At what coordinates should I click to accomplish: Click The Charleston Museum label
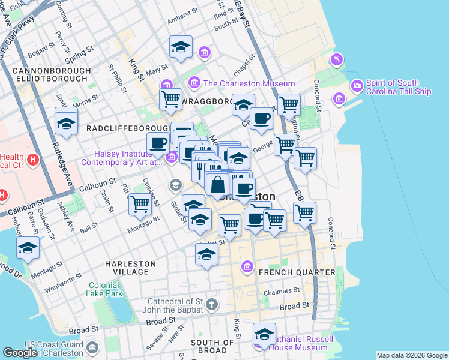tap(249, 83)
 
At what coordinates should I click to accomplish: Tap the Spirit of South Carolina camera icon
tap(357, 86)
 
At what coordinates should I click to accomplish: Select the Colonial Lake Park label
tap(106, 289)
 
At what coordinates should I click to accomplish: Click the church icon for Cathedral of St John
tap(211, 304)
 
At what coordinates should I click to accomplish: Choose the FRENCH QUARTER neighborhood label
tap(297, 272)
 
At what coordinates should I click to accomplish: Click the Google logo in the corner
tap(20, 353)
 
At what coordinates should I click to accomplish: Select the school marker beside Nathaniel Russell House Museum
tap(264, 333)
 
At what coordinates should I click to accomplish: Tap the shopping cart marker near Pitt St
tap(140, 204)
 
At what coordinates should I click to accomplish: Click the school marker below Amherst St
tap(181, 47)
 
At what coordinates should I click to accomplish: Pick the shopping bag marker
tap(217, 184)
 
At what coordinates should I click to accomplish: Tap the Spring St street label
tap(79, 55)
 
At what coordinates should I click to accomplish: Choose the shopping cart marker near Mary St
tap(170, 99)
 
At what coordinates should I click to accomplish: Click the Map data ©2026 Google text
tap(412, 355)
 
